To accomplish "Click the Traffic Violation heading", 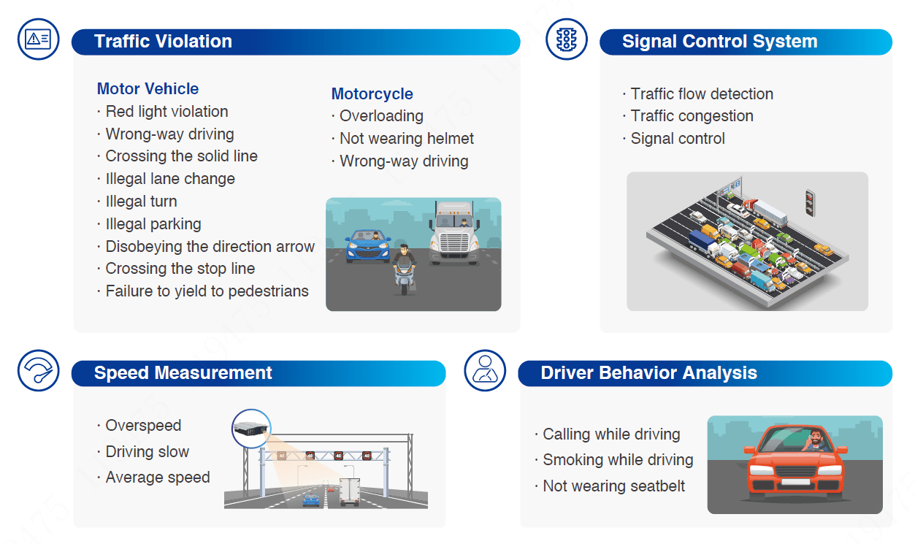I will [163, 42].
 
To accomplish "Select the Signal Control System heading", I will [719, 42].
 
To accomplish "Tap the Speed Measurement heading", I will [183, 373].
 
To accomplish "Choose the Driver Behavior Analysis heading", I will [648, 373].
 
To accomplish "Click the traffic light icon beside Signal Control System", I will [566, 39].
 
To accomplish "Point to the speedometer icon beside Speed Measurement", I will [38, 370].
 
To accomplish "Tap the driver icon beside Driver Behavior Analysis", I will [485, 370].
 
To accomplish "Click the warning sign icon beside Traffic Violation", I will [38, 39].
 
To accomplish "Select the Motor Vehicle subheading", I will [148, 89].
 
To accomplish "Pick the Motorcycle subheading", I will [372, 94].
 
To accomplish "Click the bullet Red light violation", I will [166, 112].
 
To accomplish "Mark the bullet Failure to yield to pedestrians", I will [207, 291].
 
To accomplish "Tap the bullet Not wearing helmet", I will [407, 139].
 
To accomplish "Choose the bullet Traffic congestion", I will [692, 116].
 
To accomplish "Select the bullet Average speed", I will [157, 478].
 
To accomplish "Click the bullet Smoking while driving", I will [618, 460].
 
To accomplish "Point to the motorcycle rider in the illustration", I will [403, 268].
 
